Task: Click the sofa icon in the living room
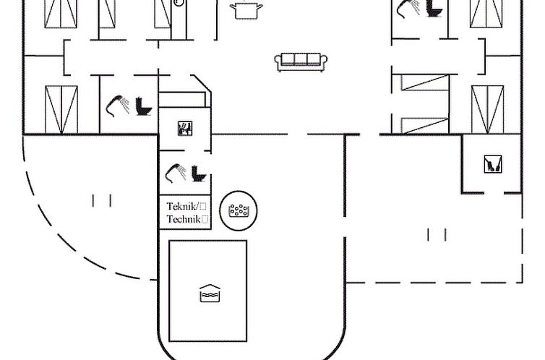click(x=301, y=62)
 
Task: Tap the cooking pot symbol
click(x=246, y=10)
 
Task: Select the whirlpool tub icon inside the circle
click(x=239, y=210)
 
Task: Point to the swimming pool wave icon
click(x=210, y=293)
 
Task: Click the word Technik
click(x=184, y=219)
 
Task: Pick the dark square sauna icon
click(x=185, y=128)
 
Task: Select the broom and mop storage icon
click(x=493, y=164)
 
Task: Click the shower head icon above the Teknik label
click(x=176, y=173)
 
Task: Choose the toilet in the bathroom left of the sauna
click(x=144, y=106)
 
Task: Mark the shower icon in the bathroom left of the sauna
click(x=118, y=106)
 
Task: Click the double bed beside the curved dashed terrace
click(x=61, y=110)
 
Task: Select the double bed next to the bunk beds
click(x=488, y=109)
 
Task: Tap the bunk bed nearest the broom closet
click(x=425, y=126)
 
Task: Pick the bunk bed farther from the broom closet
click(x=425, y=82)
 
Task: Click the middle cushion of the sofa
click(x=301, y=59)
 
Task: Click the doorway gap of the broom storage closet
click(x=494, y=193)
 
